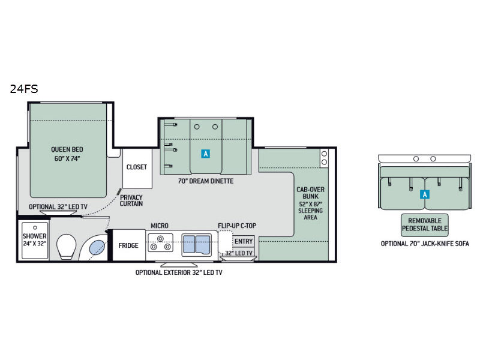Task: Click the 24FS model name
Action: pos(24,89)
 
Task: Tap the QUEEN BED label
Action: pos(67,149)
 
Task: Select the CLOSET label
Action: pos(137,167)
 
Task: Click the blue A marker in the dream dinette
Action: pos(206,154)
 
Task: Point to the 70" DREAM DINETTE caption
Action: pos(206,181)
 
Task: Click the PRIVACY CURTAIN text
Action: pos(131,200)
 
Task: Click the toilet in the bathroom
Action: pos(66,247)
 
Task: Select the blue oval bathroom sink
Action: pos(97,247)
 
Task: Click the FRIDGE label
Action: pos(128,245)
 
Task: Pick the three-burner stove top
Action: pos(160,243)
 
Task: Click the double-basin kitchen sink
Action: pos(196,245)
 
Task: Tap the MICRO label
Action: pos(160,226)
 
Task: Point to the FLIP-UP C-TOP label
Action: pos(237,226)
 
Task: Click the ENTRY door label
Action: pos(244,241)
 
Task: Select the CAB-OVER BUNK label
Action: pos(310,193)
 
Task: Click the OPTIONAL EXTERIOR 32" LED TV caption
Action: pos(179,272)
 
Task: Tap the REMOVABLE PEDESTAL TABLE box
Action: pos(425,225)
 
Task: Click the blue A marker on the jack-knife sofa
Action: pos(425,194)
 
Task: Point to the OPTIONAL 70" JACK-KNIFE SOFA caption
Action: pos(425,244)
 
